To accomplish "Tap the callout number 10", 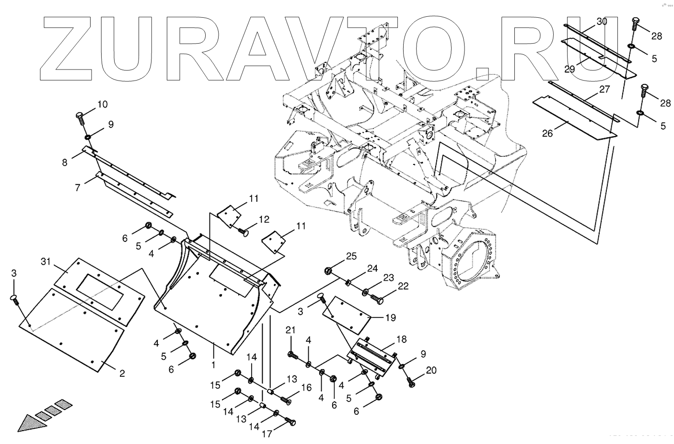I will [103, 104].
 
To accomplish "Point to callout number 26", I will [547, 133].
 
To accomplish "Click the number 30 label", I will [602, 22].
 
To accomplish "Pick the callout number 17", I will [267, 434].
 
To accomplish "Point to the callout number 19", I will [390, 317].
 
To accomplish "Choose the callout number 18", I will [401, 339].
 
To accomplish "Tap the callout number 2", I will [122, 373].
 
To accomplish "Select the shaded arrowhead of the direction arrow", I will [26, 421].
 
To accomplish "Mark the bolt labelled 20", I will [411, 382].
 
